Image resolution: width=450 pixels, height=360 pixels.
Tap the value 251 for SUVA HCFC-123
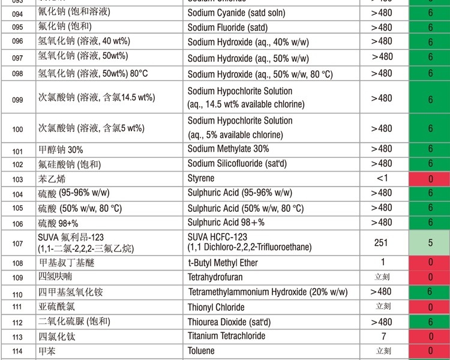380,243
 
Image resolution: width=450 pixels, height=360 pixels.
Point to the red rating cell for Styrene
430,179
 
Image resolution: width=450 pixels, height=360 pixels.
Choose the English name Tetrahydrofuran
219,277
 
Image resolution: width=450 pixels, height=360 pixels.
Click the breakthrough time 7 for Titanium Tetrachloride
383,337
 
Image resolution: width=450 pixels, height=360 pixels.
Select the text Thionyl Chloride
216,307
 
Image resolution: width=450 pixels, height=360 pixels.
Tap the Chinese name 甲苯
47,351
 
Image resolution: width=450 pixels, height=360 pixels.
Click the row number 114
17,352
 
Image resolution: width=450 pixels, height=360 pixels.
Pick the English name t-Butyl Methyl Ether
223,263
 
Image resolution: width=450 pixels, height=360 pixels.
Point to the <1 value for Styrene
382,178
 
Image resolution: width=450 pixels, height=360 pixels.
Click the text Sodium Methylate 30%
228,149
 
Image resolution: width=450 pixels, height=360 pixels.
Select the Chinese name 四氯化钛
55,337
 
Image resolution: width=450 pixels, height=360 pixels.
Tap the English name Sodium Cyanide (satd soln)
236,13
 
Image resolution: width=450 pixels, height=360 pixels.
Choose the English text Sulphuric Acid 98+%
226,223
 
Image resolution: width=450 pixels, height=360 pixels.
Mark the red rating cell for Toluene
430,352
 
